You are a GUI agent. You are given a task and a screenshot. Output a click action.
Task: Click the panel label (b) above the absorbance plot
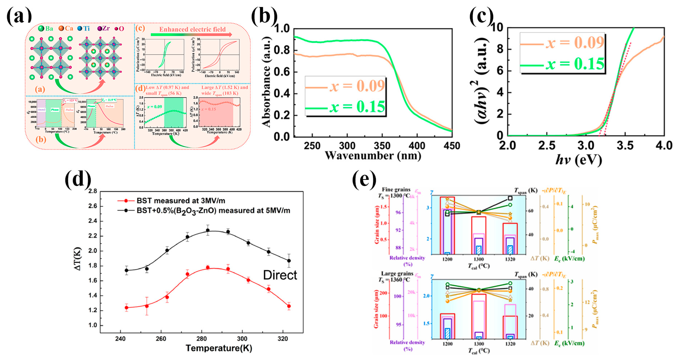pos(264,16)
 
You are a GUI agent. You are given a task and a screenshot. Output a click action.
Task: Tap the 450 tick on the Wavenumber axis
pos(452,146)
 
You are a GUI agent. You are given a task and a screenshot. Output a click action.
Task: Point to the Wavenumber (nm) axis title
pos(373,156)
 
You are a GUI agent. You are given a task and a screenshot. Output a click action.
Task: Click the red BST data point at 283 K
pos(208,268)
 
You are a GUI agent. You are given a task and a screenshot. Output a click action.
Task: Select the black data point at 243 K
pos(126,270)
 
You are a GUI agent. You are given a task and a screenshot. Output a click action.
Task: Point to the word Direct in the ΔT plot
pos(280,275)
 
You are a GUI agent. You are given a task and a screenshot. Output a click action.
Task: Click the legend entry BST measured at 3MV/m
pos(180,201)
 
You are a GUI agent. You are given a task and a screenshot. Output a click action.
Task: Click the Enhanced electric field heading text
pos(192,29)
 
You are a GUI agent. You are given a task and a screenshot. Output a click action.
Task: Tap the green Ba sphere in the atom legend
pos(41,28)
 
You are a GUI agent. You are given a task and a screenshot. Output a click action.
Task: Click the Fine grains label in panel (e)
pos(396,189)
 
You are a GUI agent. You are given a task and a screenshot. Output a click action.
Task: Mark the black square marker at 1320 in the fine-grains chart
pos(510,198)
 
